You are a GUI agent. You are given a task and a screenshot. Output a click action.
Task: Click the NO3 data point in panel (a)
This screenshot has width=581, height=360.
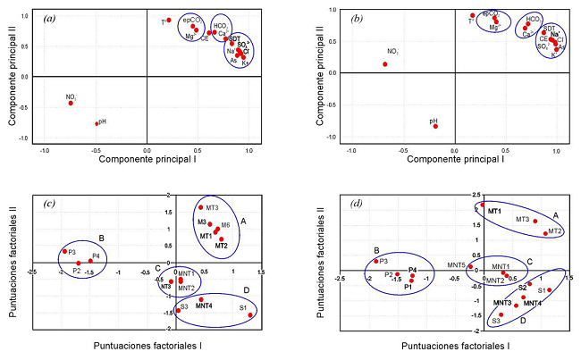[x=71, y=103]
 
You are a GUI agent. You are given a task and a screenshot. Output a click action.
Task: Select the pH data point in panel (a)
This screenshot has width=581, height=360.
[x=97, y=123]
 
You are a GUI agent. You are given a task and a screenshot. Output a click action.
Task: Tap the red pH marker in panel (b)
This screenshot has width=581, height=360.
[x=435, y=126]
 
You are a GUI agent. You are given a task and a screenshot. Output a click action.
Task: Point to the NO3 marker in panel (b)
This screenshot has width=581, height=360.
[x=385, y=64]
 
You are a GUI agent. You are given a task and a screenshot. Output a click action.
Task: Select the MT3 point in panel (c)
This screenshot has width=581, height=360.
[x=201, y=207]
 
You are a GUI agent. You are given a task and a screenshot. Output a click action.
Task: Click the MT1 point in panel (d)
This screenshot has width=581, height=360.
[x=483, y=205]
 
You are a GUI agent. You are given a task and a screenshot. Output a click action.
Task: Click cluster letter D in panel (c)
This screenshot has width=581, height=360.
[x=245, y=290]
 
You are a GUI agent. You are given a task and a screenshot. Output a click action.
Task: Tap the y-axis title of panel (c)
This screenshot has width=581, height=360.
[x=12, y=259]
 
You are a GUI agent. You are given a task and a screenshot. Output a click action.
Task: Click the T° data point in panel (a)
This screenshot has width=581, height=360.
[x=168, y=20]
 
